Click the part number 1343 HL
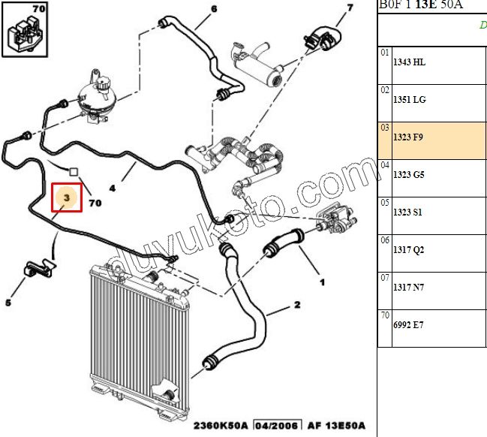[x=409, y=62]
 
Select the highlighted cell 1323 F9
[x=431, y=140]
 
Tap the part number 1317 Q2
[x=408, y=250]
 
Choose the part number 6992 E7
[x=408, y=325]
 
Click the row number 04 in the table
[x=385, y=165]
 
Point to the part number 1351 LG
[x=410, y=100]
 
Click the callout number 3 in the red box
[x=67, y=197]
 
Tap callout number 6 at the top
[x=214, y=9]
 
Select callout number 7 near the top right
[x=350, y=8]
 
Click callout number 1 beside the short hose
[x=323, y=282]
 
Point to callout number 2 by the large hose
[x=297, y=305]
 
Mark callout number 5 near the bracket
[x=8, y=303]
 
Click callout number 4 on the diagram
[x=113, y=188]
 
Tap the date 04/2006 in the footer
[x=278, y=426]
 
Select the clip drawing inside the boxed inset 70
[x=24, y=35]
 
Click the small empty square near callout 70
[x=74, y=172]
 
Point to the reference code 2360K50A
[x=221, y=426]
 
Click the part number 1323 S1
[x=407, y=212]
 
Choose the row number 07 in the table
[x=385, y=278]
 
